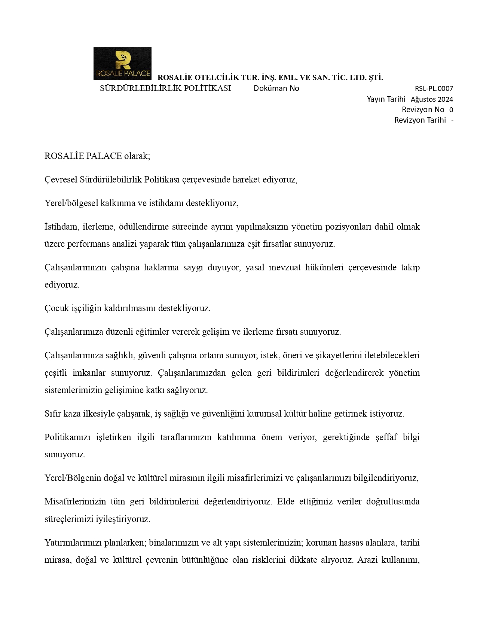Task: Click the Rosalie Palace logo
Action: pos(122,63)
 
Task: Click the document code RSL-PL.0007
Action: pos(434,89)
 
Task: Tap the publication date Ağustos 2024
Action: pos(432,99)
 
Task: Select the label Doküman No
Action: pos(276,88)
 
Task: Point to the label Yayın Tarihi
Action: pos(386,99)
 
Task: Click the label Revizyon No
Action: pos(423,110)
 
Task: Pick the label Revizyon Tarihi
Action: pos(420,120)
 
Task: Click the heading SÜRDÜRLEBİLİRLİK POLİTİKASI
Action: pos(165,88)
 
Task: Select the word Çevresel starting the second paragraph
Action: pos(61,179)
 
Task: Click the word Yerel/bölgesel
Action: pos(71,203)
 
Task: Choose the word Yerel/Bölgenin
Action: pos(73,478)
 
